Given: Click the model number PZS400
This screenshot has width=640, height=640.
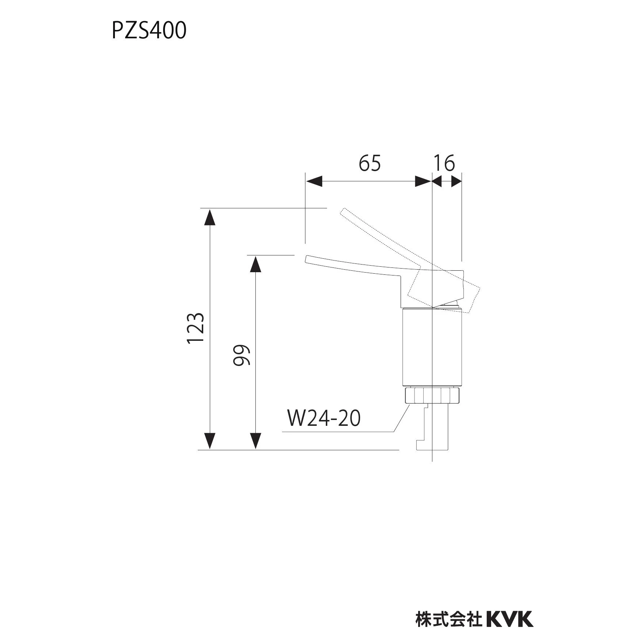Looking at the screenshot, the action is point(149,30).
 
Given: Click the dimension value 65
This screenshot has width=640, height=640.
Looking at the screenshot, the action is point(370,163).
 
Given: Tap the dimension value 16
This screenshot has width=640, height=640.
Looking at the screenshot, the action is point(444,163).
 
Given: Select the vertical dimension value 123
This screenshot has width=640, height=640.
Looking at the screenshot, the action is point(196,328).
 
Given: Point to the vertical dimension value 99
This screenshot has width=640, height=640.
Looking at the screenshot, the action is point(242,355).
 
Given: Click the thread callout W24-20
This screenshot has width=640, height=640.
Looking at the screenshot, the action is point(324,418).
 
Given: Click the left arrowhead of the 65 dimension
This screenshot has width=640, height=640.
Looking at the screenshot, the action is point(314,181).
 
